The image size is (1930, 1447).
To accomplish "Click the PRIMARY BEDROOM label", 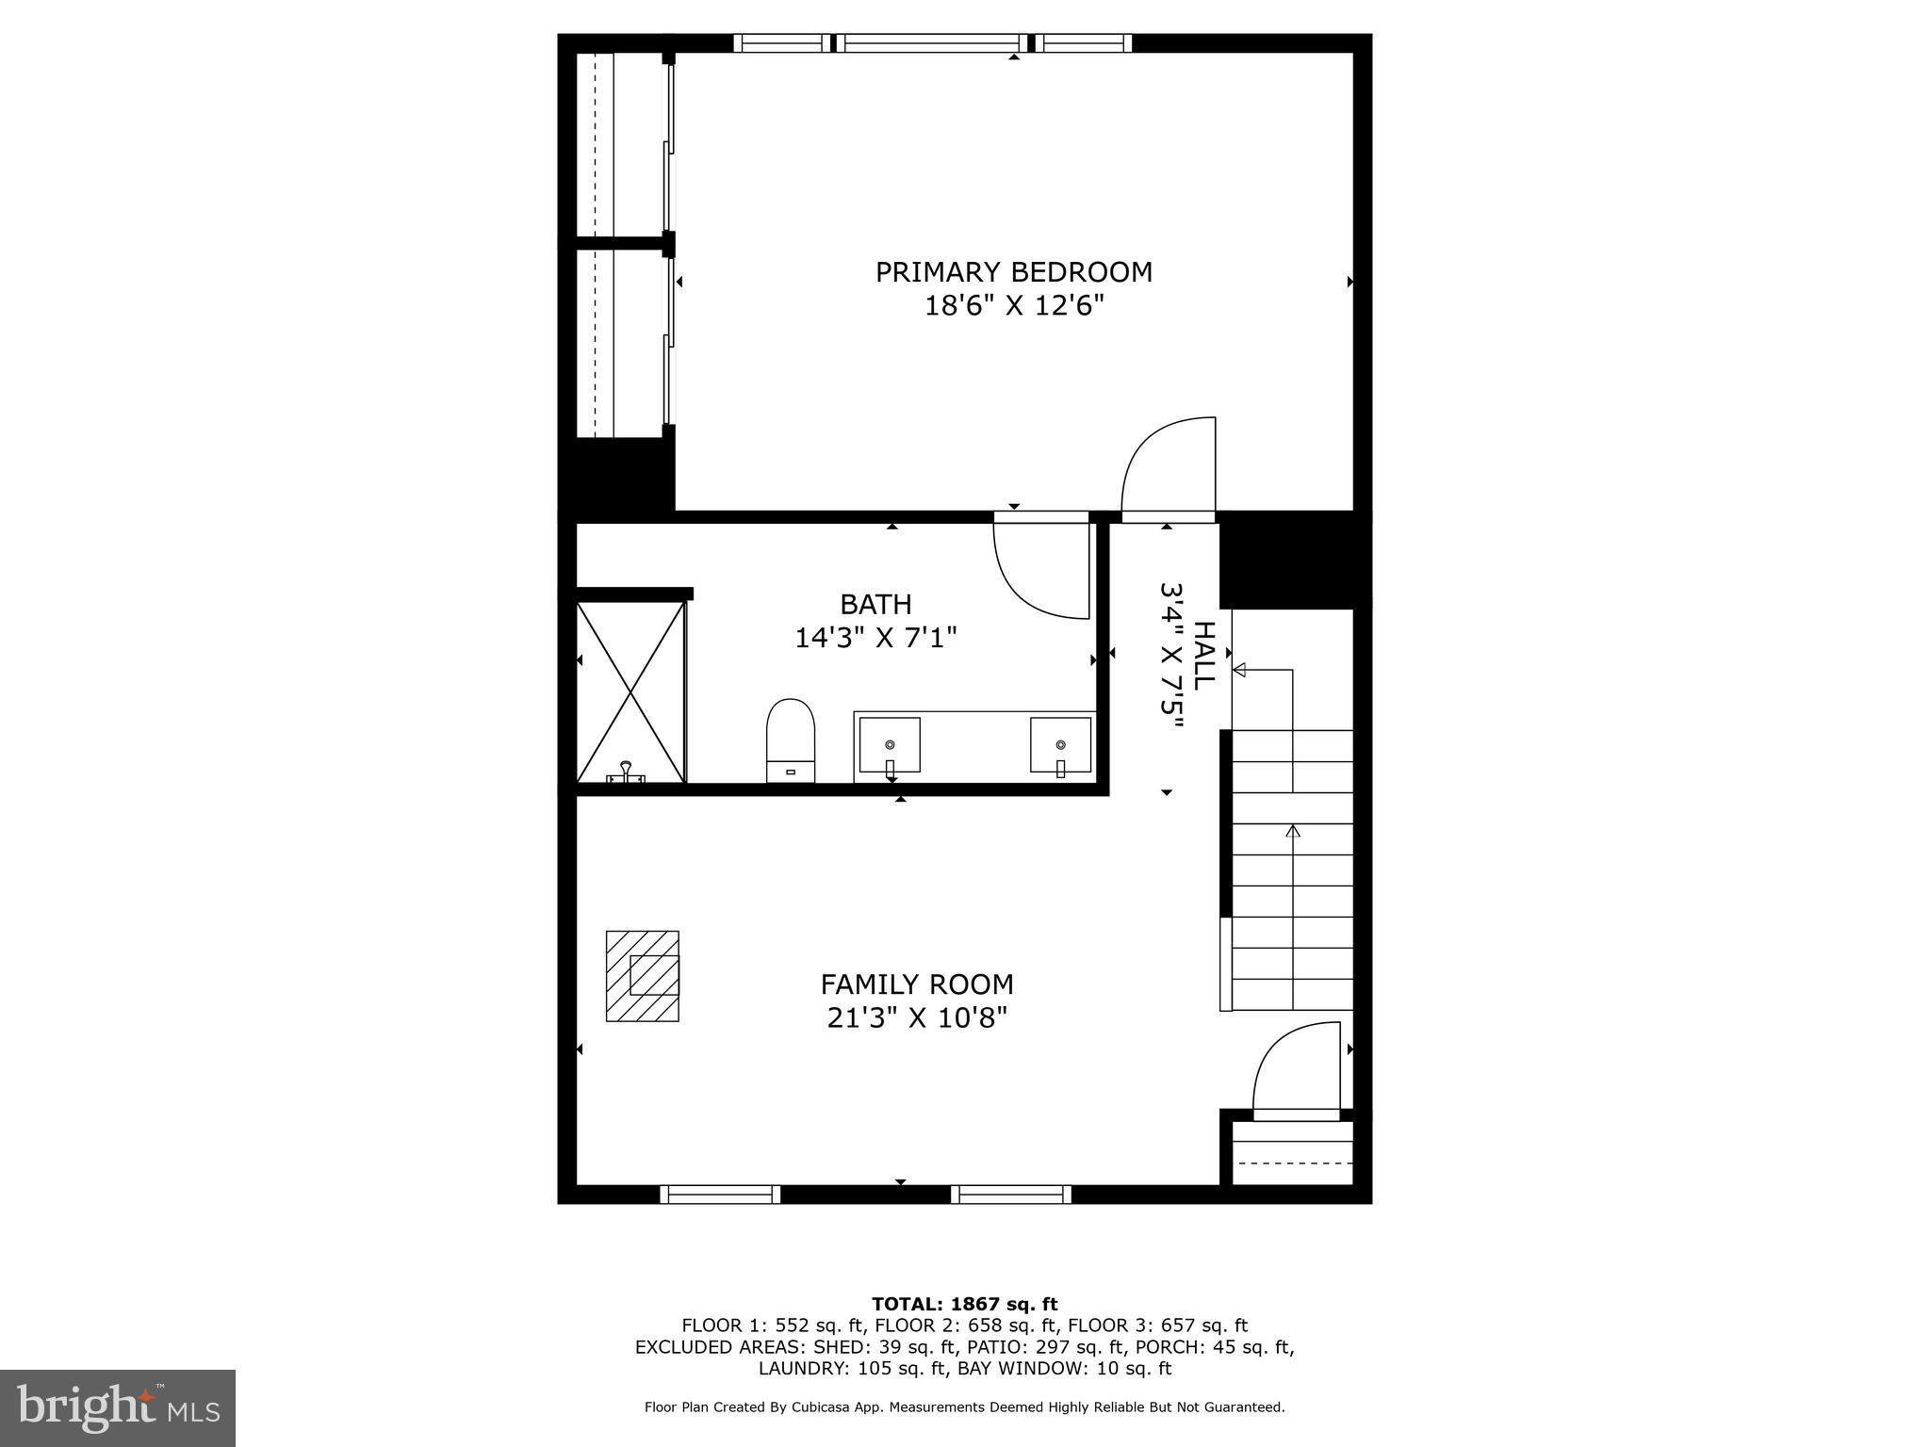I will [x=1013, y=272].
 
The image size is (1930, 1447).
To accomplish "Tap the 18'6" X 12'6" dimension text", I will [x=1013, y=306].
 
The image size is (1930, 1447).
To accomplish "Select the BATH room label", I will [x=875, y=604].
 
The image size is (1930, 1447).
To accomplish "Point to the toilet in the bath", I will [x=790, y=740].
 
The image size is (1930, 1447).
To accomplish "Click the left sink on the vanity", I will [x=890, y=745].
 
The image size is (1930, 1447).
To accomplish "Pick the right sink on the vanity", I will [x=1060, y=745].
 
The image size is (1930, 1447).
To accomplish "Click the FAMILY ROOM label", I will [x=917, y=984].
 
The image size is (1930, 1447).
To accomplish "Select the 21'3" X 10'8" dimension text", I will [x=917, y=1018].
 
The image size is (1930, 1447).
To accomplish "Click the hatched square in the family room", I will [x=642, y=976].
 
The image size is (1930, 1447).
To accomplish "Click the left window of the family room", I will [x=720, y=1195].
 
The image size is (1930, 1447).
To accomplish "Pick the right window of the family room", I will [x=1011, y=1195].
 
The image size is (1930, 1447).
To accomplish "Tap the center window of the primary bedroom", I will [x=933, y=42].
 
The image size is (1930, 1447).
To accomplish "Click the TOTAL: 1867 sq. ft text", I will [x=964, y=1305].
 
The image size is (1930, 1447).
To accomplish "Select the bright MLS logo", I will [x=117, y=1408].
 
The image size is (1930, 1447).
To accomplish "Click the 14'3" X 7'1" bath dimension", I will [x=875, y=638].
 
